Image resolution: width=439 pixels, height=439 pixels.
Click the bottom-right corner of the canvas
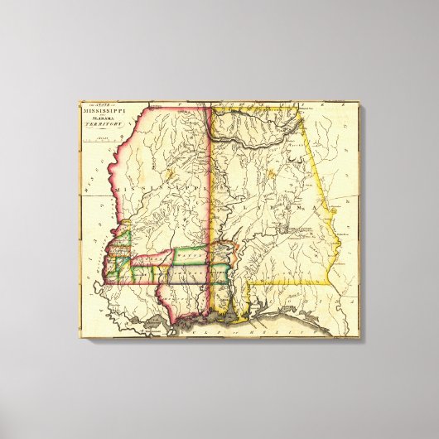(x=359, y=338)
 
